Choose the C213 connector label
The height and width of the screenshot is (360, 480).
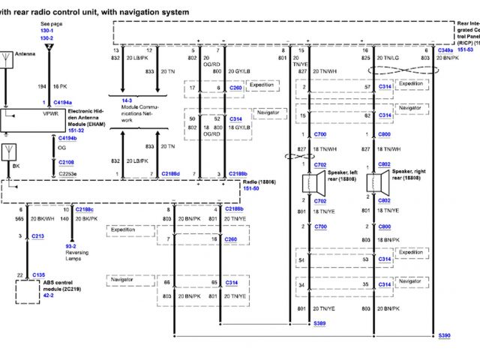tap(38, 235)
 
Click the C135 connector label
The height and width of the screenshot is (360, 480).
tap(39, 275)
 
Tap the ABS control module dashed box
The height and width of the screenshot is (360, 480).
tap(28, 291)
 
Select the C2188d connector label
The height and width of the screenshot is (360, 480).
tap(170, 173)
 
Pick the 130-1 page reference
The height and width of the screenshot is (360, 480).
tap(47, 31)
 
